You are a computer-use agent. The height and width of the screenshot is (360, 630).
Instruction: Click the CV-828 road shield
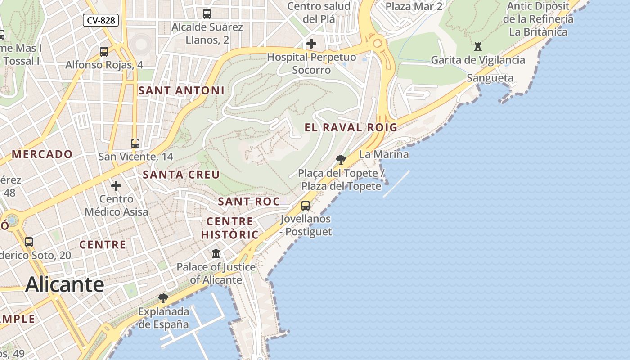pyautogui.click(x=101, y=20)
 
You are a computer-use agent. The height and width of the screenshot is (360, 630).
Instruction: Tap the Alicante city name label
pyautogui.click(x=65, y=284)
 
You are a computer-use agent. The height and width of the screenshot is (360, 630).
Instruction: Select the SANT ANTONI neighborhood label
pyautogui.click(x=181, y=90)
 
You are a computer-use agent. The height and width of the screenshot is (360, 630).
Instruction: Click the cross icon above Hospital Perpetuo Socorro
pyautogui.click(x=311, y=44)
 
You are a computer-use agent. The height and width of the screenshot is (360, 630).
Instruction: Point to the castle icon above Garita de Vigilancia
pyautogui.click(x=478, y=46)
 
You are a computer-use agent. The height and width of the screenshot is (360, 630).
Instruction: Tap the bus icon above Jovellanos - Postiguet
pyautogui.click(x=306, y=206)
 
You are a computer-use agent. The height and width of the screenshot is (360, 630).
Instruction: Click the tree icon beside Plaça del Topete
pyautogui.click(x=341, y=159)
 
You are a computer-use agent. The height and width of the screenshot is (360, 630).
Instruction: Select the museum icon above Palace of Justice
pyautogui.click(x=216, y=253)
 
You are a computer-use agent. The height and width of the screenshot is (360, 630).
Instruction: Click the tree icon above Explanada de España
pyautogui.click(x=163, y=298)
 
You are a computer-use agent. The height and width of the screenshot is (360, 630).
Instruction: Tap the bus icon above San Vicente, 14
pyautogui.click(x=135, y=144)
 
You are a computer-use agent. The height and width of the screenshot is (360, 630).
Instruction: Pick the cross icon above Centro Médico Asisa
pyautogui.click(x=116, y=185)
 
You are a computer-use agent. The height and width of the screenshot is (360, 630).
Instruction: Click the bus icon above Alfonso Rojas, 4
pyautogui.click(x=104, y=52)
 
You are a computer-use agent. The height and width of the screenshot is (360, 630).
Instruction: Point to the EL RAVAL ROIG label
pyautogui.click(x=351, y=127)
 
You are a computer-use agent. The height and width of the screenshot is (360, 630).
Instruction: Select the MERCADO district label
pyautogui.click(x=42, y=154)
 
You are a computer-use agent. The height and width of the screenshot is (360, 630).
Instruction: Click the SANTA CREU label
pyautogui.click(x=181, y=175)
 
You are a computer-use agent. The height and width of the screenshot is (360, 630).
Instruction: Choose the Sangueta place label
pyautogui.click(x=490, y=78)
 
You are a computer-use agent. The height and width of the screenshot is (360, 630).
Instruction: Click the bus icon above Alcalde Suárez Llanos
pyautogui.click(x=207, y=14)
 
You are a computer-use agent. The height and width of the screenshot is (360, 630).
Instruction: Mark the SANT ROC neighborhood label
pyautogui.click(x=249, y=202)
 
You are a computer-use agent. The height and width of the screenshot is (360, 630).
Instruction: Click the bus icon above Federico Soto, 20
pyautogui.click(x=29, y=242)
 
